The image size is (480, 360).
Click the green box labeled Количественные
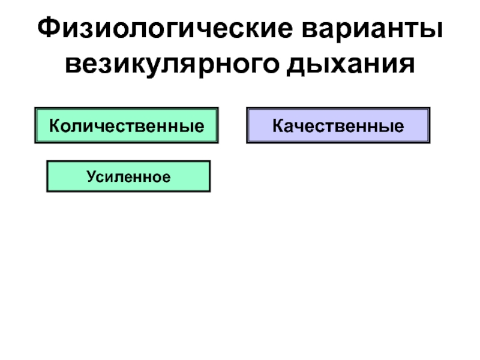point(127,125)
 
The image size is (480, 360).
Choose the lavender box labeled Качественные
point(338,125)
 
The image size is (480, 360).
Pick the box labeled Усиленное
point(128,176)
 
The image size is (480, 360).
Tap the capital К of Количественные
point(53,126)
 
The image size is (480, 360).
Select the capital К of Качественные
point(278,126)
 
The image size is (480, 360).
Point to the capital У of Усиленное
point(91,176)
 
